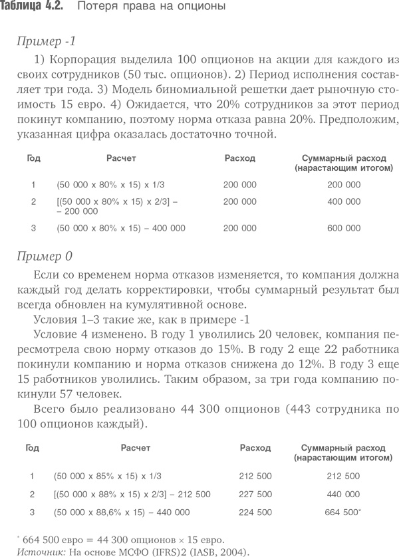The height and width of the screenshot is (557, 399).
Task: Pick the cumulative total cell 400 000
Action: pyautogui.click(x=344, y=201)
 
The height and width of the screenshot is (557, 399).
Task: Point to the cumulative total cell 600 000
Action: pyautogui.click(x=344, y=228)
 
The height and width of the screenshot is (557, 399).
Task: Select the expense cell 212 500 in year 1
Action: pyautogui.click(x=255, y=476)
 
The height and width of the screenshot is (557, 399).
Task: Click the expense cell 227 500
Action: pyautogui.click(x=255, y=494)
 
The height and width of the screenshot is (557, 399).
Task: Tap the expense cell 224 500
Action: pyautogui.click(x=255, y=512)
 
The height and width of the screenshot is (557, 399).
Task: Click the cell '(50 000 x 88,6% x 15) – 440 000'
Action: pyautogui.click(x=122, y=512)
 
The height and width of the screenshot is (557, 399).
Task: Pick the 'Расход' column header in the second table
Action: pyautogui.click(x=255, y=448)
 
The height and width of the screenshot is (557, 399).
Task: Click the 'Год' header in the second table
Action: pyautogui.click(x=32, y=448)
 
